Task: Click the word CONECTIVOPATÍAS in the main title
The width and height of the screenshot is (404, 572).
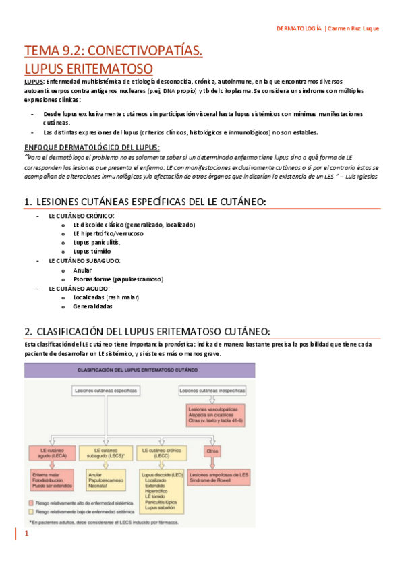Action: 146,51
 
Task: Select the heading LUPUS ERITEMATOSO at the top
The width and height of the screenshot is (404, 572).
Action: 88,68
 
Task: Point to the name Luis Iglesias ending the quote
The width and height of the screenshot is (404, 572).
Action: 359,176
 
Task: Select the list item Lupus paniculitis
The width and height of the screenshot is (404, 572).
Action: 97,242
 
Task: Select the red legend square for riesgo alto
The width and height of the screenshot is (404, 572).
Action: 32,503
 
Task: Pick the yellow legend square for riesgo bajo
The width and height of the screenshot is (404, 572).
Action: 32,512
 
